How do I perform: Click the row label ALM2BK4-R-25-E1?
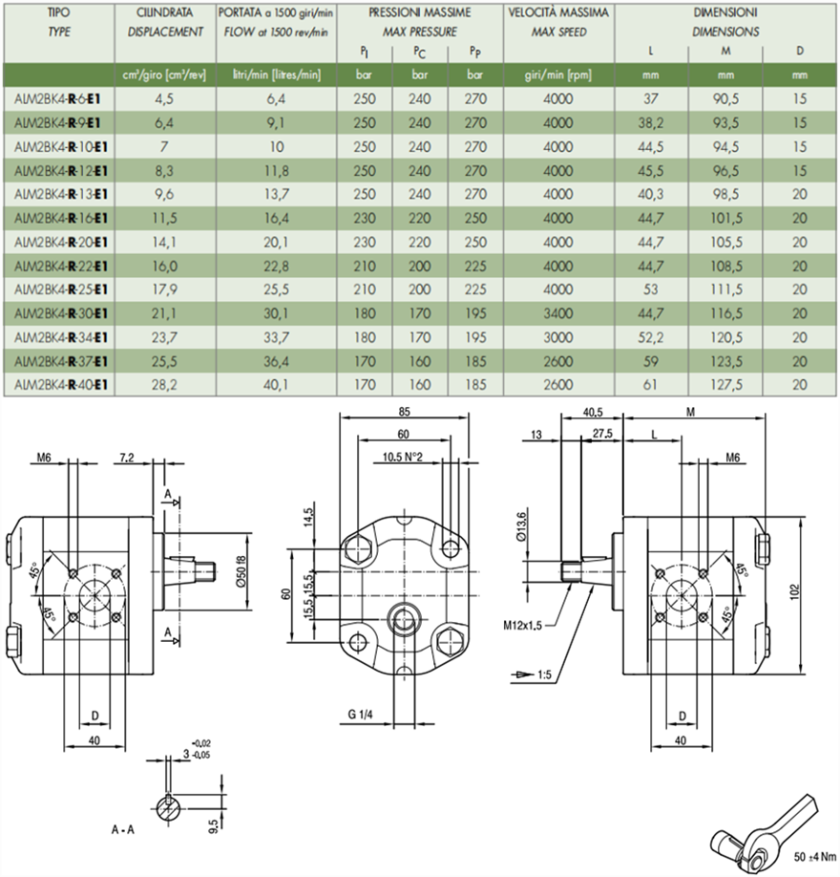click(x=59, y=289)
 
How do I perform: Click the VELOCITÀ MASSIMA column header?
click(x=558, y=16)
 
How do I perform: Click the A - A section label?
click(x=121, y=829)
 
